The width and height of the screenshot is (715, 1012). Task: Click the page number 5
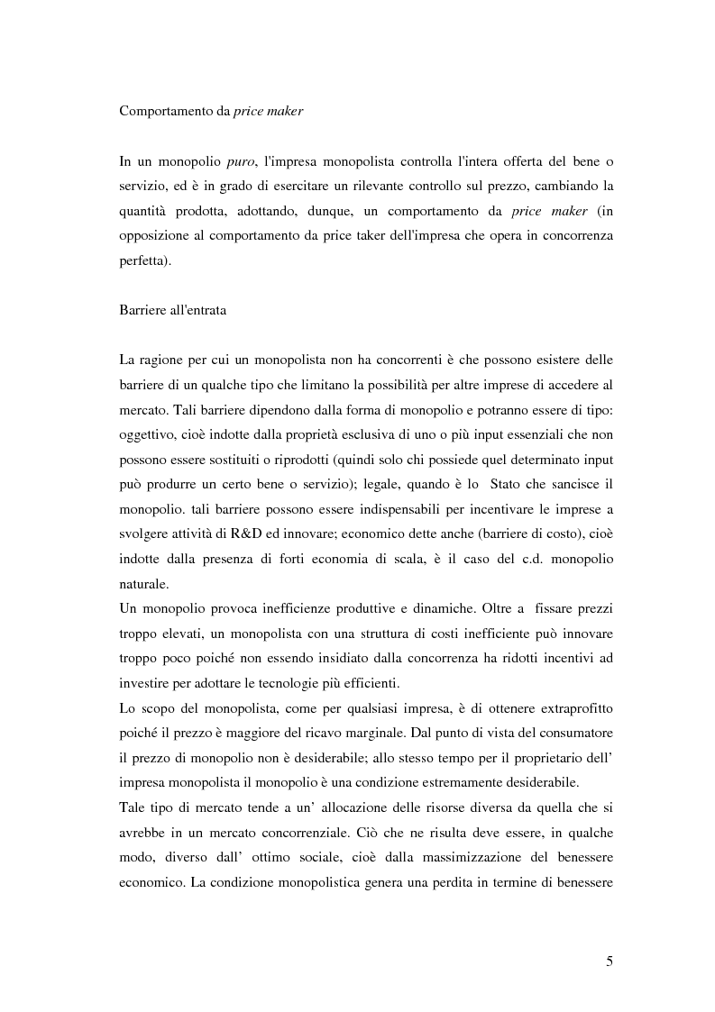click(610, 962)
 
